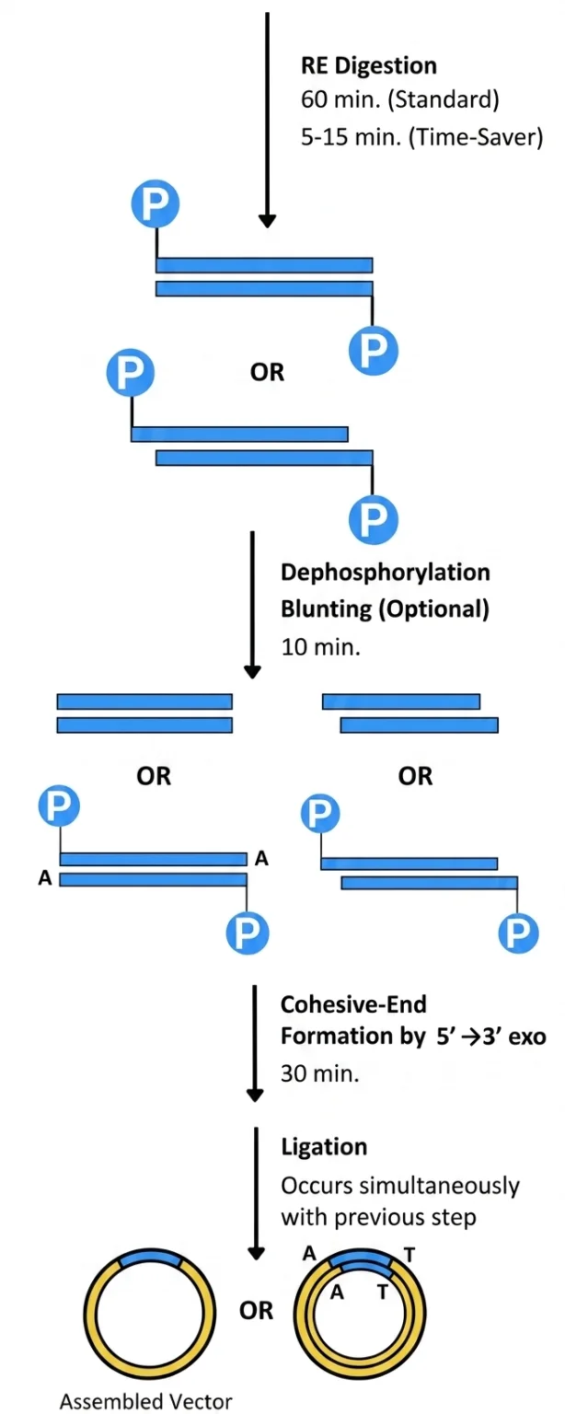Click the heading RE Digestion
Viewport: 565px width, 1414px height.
pos(369,65)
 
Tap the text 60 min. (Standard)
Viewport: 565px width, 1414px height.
pos(400,99)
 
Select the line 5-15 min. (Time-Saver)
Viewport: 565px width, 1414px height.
pos(421,136)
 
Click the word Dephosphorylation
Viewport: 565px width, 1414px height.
pos(385,573)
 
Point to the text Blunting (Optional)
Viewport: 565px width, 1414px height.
pos(385,609)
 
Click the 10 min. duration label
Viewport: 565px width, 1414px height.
pos(320,647)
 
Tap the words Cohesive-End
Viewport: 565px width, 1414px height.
pos(353,1004)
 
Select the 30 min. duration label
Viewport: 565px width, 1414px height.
pos(319,1073)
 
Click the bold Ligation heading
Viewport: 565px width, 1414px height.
pos(324,1146)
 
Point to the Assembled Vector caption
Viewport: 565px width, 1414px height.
pos(145,1401)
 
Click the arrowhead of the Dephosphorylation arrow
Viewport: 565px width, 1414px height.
pos(252,672)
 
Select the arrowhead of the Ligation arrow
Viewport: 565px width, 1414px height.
pos(255,1252)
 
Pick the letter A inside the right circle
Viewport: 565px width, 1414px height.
pos(338,1292)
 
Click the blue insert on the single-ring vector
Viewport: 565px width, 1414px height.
pos(150,1258)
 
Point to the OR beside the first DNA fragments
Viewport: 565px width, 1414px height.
pos(267,373)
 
